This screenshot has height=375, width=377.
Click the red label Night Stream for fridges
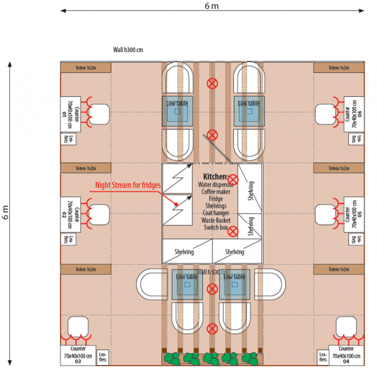pyautogui.click(x=128, y=185)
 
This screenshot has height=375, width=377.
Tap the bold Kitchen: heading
pyautogui.click(x=216, y=177)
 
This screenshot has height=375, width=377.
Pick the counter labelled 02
pyautogui.click(x=70, y=214)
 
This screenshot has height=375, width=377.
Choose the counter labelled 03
pyautogui.click(x=78, y=355)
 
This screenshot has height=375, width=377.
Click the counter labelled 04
pyautogui.click(x=346, y=355)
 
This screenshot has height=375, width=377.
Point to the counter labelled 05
pyautogui.click(x=354, y=214)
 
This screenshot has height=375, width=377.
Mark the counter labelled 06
pyautogui.click(x=354, y=114)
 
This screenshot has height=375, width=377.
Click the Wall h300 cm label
pyautogui.click(x=128, y=49)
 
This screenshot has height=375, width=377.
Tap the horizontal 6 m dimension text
pyautogui.click(x=211, y=6)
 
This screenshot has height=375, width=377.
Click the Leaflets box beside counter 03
pyautogui.click(x=103, y=357)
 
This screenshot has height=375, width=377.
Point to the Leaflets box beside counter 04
pyautogui.click(x=323, y=357)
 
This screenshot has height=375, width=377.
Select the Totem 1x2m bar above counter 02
pyautogui.click(x=86, y=168)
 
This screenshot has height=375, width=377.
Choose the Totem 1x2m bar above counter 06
pyautogui.click(x=339, y=68)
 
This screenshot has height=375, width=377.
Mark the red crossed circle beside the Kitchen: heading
pyautogui.click(x=234, y=179)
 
